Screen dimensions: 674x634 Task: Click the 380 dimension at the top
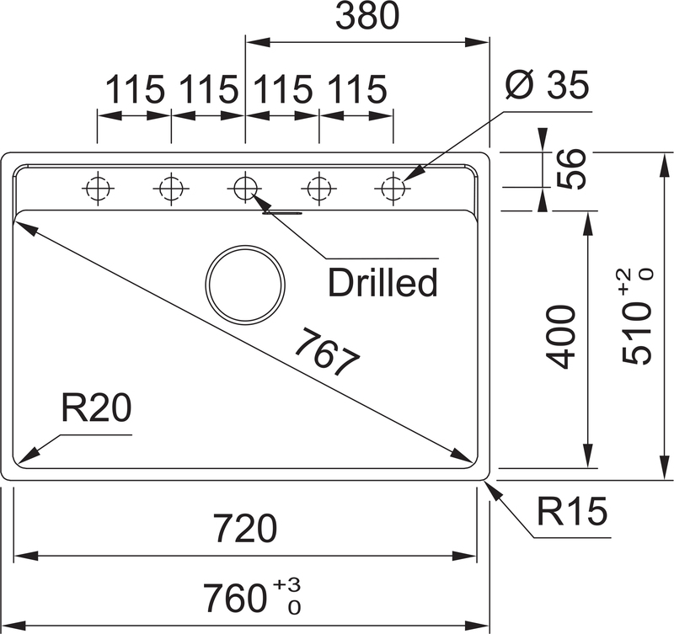[x=367, y=15]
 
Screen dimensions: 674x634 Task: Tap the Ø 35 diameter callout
[x=547, y=85]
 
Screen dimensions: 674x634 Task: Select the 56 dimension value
[x=571, y=168]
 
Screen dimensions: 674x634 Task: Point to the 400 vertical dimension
[x=560, y=337]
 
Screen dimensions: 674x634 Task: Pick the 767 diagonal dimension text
[x=328, y=352]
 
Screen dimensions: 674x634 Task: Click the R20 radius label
[x=96, y=408]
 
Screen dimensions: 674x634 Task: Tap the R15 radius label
[x=572, y=511]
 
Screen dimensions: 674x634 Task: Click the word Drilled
[x=382, y=282]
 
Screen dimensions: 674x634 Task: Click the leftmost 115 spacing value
[x=135, y=89]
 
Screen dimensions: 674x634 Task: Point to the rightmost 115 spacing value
[x=356, y=89]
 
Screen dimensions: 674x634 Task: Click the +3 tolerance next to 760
[x=286, y=584]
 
